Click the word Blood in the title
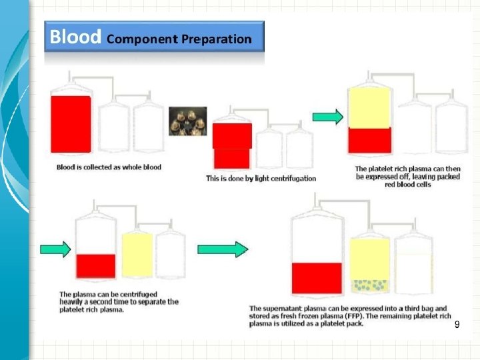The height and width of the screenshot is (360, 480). click(75, 37)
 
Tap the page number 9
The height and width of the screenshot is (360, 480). click(457, 325)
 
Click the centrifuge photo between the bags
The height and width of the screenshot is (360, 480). click(187, 122)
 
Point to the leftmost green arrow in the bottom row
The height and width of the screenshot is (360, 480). click(55, 249)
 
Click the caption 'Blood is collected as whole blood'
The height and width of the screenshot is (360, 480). click(109, 167)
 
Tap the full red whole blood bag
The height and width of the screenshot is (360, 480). click(71, 124)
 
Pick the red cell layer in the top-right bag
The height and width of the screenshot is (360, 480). click(369, 140)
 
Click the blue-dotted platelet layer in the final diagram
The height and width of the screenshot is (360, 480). click(369, 285)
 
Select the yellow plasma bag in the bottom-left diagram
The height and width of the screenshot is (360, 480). click(137, 255)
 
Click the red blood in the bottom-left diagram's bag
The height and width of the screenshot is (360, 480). click(96, 265)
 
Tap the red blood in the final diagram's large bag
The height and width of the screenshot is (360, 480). click(317, 278)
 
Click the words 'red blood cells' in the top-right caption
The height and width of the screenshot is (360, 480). click(407, 184)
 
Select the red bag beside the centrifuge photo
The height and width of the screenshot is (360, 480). click(231, 145)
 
